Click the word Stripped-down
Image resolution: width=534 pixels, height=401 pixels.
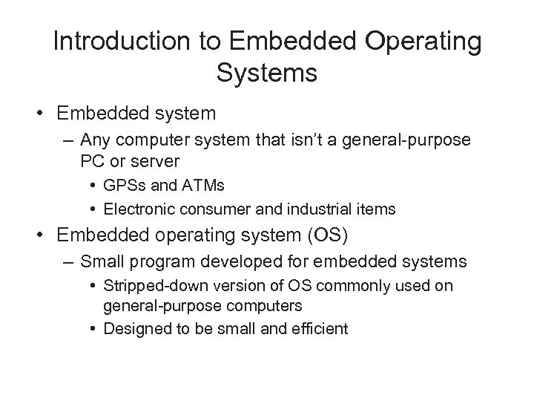pyautogui.click(x=150, y=286)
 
